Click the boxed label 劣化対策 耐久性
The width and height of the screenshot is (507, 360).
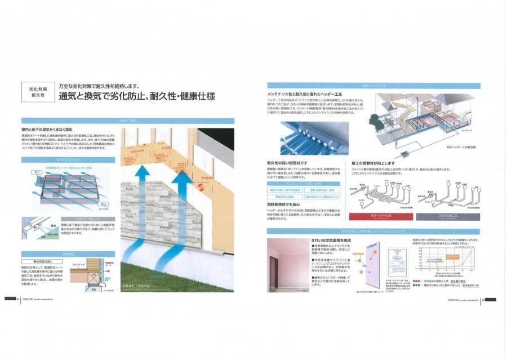coord(38,92)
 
